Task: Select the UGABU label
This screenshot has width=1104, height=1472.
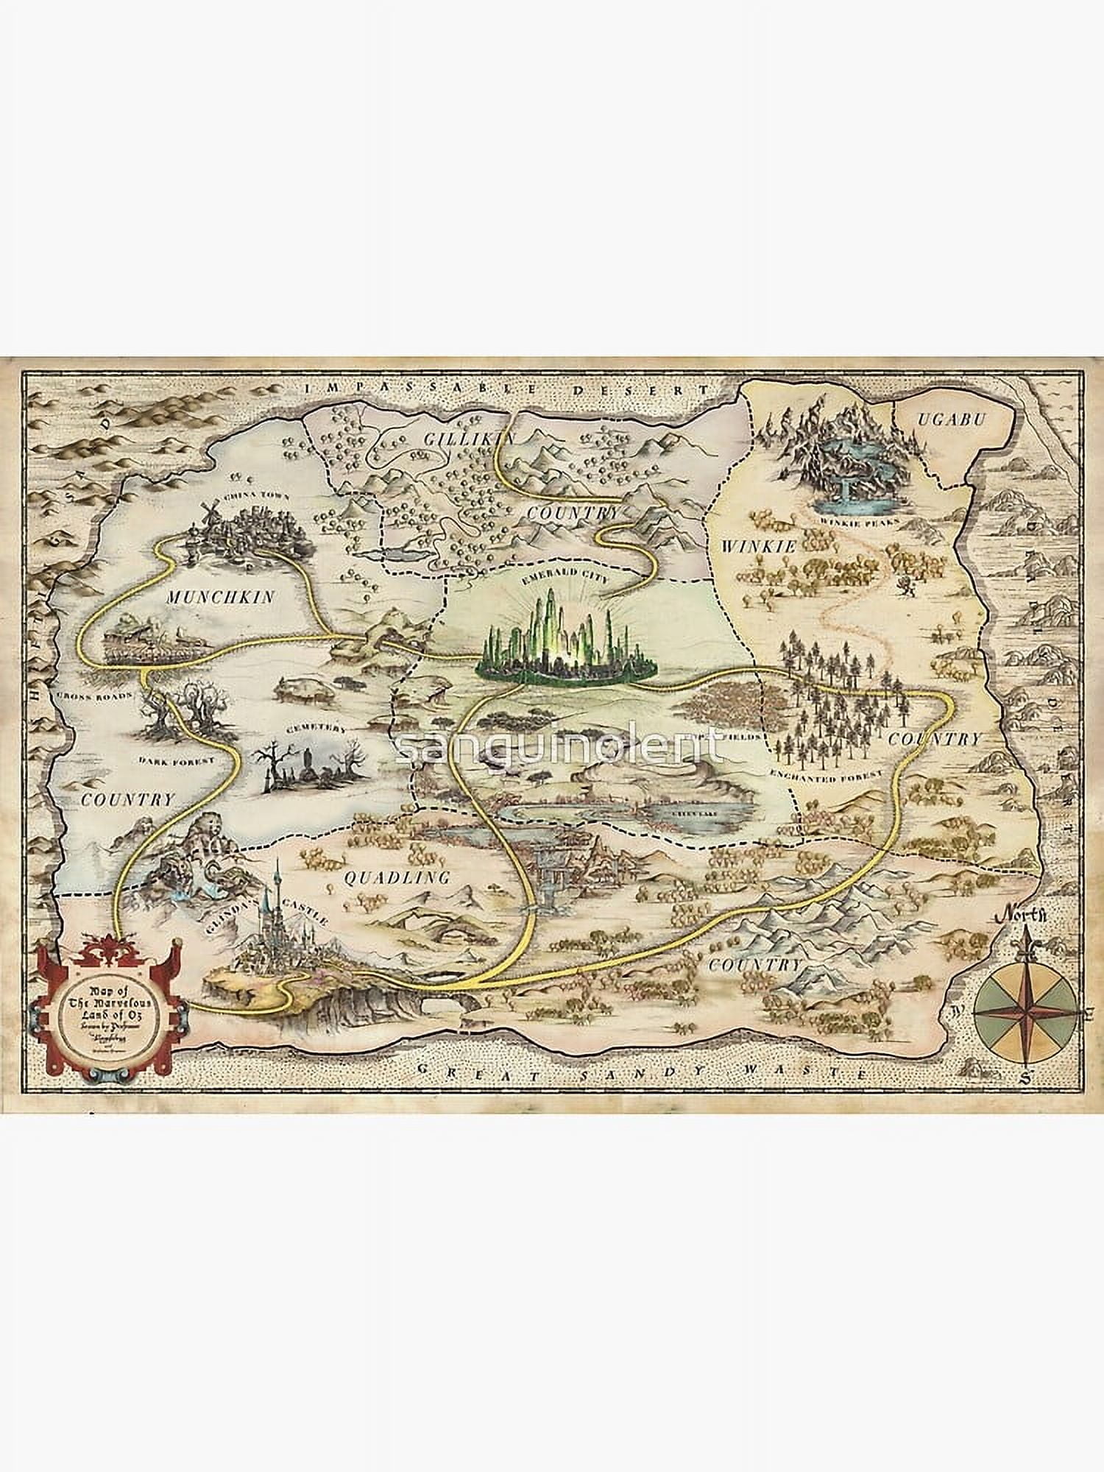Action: pos(949,419)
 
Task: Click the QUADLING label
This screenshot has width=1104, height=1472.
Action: pos(397,877)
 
